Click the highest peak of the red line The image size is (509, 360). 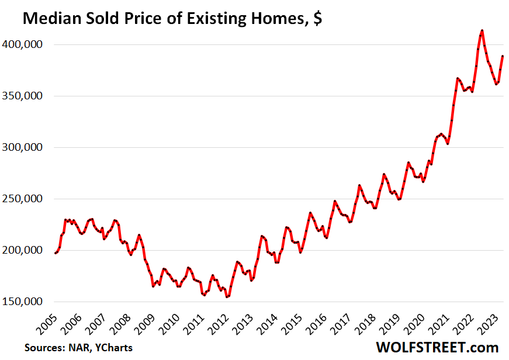(x=482, y=30)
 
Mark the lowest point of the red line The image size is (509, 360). (x=227, y=297)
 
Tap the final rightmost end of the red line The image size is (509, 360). (x=503, y=56)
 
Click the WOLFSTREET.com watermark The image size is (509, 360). (x=438, y=347)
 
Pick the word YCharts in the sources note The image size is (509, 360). (x=115, y=348)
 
